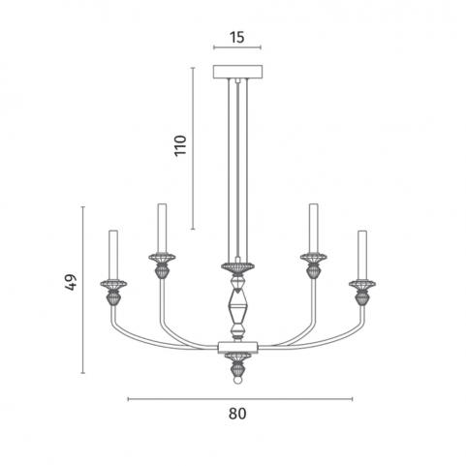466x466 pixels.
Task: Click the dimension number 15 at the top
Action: coord(237,37)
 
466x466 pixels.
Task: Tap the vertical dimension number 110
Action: coord(180,145)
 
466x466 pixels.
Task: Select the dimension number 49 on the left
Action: coord(71,283)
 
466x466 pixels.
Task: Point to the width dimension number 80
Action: coord(237,414)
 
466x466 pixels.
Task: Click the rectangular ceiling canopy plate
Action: coord(237,72)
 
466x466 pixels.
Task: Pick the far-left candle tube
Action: coord(113,255)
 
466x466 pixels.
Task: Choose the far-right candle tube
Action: coord(362,255)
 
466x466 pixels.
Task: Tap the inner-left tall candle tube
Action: coord(162,228)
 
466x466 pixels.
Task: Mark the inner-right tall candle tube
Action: coord(313,228)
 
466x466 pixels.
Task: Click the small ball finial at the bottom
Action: coord(237,380)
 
